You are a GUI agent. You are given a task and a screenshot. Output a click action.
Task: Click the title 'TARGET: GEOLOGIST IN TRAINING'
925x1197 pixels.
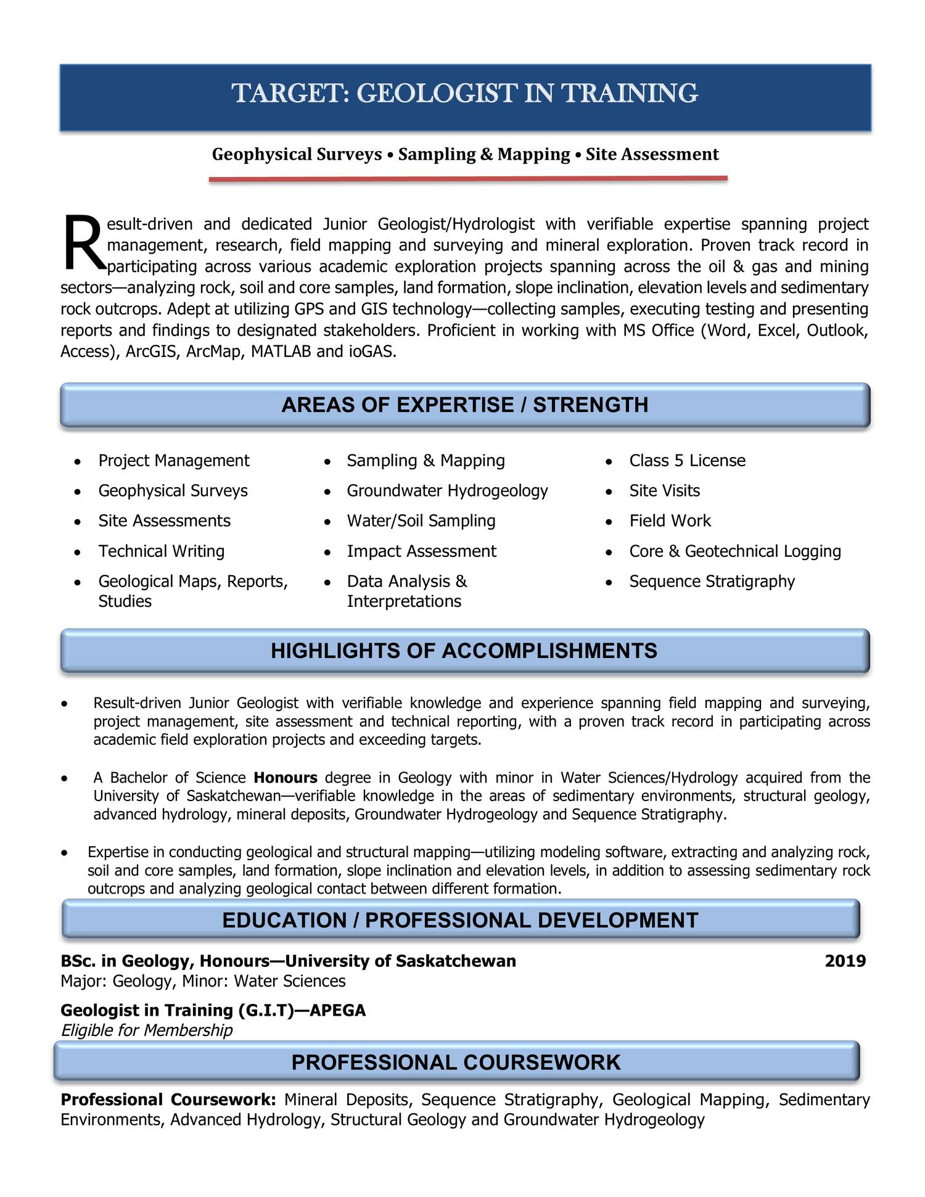click(x=465, y=94)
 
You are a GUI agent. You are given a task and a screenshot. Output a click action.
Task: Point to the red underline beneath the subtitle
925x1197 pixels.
click(x=468, y=179)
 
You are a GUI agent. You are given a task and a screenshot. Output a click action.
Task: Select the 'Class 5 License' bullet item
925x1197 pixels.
click(x=687, y=461)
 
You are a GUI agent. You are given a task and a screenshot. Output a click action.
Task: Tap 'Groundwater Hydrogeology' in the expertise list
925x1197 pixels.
click(x=447, y=491)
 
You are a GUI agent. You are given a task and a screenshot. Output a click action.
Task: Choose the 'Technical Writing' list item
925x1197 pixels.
click(x=162, y=551)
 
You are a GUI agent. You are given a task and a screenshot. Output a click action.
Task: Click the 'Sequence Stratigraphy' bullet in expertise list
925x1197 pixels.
click(x=712, y=582)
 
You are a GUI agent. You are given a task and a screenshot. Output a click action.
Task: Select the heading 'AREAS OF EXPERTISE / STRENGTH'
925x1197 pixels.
click(x=465, y=405)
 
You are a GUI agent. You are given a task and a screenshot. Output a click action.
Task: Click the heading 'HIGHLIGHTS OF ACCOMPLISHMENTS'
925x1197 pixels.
click(x=464, y=651)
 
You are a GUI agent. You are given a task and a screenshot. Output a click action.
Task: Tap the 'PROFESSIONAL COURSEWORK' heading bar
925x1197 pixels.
click(x=456, y=1063)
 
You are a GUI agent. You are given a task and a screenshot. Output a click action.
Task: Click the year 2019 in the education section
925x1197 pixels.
click(x=845, y=961)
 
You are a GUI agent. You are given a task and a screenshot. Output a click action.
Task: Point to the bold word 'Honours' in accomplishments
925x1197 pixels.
click(x=286, y=778)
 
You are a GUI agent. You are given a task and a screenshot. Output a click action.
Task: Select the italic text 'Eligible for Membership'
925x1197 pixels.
click(x=147, y=1030)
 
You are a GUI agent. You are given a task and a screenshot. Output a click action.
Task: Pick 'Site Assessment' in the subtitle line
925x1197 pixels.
click(x=652, y=154)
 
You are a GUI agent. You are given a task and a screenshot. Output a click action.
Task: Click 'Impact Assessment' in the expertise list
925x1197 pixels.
click(x=421, y=551)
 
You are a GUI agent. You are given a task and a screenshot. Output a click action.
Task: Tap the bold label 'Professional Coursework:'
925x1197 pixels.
click(x=168, y=1100)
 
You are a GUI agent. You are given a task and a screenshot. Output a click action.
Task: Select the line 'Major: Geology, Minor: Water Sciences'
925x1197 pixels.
click(x=203, y=981)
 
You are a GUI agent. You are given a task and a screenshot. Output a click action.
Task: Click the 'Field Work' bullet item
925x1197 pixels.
click(x=670, y=521)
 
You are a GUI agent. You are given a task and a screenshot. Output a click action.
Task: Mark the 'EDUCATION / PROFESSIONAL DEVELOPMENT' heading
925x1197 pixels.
click(x=460, y=920)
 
